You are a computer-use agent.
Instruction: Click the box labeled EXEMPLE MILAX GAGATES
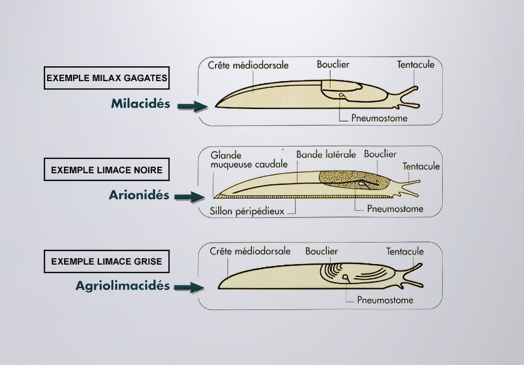click(x=107, y=78)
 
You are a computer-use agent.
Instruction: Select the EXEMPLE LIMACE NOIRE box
click(x=107, y=170)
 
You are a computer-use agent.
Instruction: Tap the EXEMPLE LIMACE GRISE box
click(x=107, y=262)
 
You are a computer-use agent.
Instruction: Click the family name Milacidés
click(x=140, y=104)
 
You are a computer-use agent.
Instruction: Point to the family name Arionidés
click(x=139, y=195)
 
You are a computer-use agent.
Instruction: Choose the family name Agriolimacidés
click(x=123, y=286)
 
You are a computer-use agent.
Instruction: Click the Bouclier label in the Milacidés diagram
click(x=333, y=64)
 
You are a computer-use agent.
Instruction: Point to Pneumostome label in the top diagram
click(x=380, y=118)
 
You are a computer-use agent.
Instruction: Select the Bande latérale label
click(x=326, y=154)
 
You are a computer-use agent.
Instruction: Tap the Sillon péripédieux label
click(x=247, y=211)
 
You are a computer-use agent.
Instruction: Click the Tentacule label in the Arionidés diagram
click(x=421, y=166)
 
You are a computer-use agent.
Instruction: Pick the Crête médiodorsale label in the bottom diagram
click(x=250, y=251)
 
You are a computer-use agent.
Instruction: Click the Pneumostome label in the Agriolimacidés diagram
click(x=385, y=301)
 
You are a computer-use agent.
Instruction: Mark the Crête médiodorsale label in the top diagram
click(x=248, y=65)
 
